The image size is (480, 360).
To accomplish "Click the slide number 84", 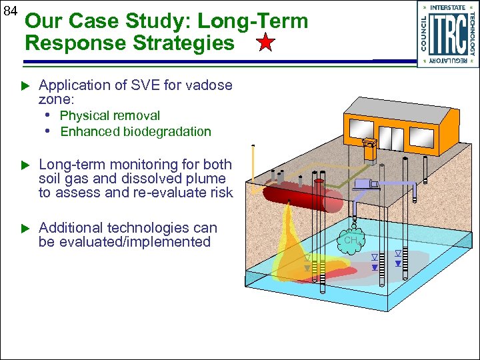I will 10,12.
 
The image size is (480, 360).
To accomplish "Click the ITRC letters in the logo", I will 447,35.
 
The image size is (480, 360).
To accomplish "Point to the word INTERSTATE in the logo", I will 447,7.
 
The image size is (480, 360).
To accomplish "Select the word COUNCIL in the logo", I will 423,34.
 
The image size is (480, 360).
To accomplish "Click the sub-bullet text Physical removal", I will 110,116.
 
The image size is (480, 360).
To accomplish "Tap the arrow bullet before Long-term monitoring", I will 27,165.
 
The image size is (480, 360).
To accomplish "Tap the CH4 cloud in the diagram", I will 351,240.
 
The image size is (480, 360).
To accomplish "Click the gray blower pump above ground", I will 364,184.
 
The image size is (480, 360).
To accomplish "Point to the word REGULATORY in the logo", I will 447,61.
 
